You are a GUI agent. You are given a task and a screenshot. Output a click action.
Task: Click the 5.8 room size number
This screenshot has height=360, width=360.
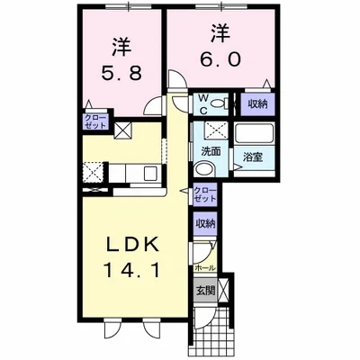[x=121, y=73]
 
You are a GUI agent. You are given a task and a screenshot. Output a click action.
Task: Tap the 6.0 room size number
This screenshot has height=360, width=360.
[x=220, y=59]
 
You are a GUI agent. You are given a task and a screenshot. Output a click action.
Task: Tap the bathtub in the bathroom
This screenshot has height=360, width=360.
[x=254, y=133]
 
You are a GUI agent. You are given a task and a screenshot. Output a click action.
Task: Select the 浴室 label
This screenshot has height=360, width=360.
[x=253, y=157]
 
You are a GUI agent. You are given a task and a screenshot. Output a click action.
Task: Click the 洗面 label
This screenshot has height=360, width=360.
[x=211, y=152]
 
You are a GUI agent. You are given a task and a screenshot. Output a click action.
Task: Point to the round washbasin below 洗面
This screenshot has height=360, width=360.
[x=203, y=169]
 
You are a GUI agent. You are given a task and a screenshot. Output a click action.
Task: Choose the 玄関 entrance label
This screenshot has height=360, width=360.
[x=205, y=291]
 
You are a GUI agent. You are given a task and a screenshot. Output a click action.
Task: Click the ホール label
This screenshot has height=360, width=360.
[x=205, y=268]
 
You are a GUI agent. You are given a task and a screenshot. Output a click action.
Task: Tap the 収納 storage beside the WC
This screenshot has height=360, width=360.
[x=257, y=104]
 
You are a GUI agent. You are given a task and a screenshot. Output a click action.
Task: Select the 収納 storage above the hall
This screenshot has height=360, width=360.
[x=205, y=224]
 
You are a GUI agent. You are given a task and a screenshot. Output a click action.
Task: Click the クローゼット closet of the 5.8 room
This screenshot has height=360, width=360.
[x=95, y=121]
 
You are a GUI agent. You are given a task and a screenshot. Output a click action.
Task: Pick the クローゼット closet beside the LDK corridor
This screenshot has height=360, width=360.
[x=205, y=194]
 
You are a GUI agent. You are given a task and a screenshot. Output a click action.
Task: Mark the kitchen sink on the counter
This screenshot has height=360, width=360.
[x=150, y=174]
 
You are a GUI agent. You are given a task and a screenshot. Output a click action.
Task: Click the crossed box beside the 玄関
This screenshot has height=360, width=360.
[x=223, y=291]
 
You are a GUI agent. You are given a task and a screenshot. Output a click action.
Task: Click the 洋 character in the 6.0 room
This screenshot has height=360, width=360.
[x=221, y=33]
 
